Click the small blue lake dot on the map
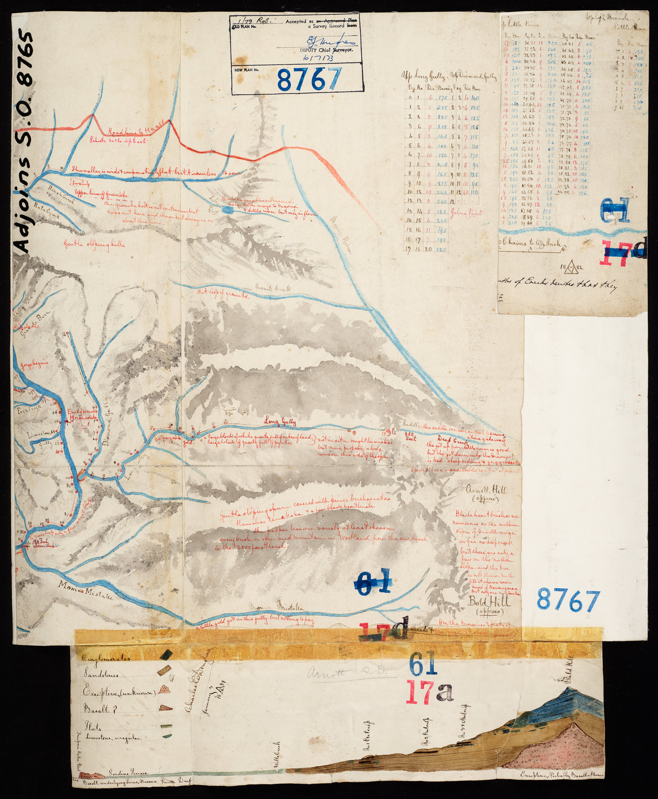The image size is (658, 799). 227,209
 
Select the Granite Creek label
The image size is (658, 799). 272,288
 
